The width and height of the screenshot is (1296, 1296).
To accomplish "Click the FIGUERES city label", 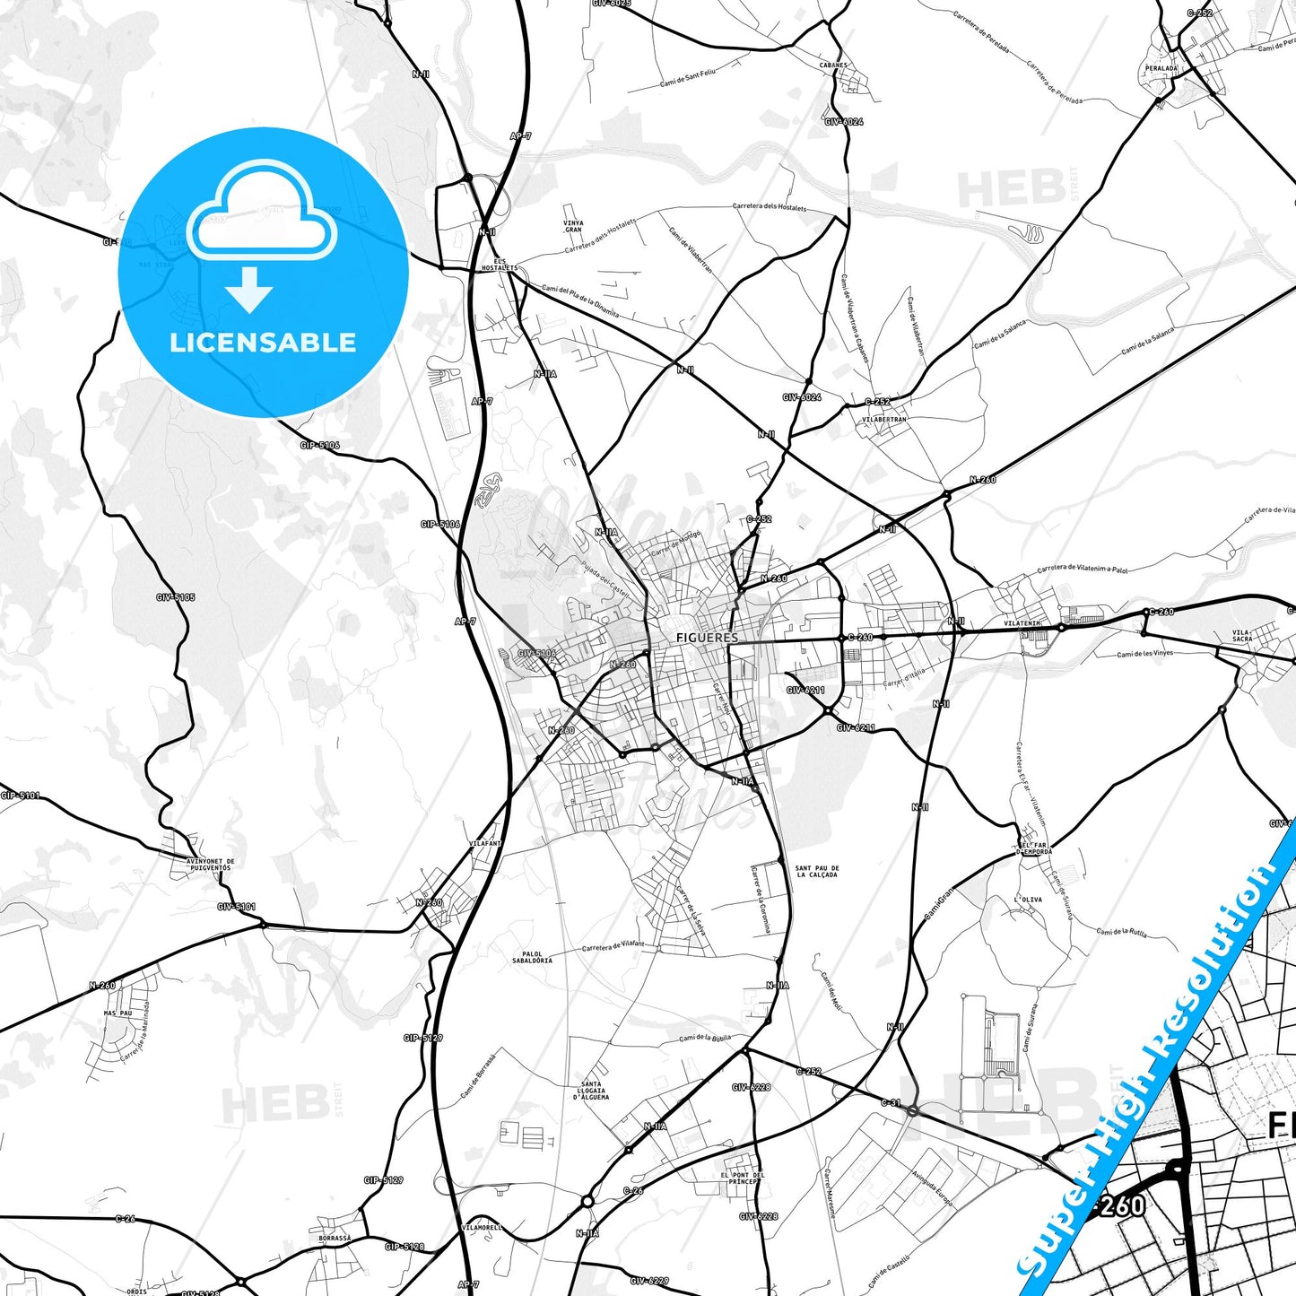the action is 707,638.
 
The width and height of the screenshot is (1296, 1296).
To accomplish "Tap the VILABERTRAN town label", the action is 884,419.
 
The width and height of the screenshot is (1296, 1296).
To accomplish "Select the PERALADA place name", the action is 1161,68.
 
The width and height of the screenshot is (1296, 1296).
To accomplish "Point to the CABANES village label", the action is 833,65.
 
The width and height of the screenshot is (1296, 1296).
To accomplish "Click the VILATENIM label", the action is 1022,623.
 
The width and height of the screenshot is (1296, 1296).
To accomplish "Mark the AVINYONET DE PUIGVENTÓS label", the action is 209,865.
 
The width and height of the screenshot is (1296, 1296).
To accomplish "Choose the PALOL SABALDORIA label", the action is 532,958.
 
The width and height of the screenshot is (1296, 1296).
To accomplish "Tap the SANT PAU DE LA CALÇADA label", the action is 817,872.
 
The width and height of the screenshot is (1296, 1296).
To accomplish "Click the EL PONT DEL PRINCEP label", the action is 743,1178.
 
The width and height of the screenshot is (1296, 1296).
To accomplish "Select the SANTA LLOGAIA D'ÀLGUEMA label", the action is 595,1091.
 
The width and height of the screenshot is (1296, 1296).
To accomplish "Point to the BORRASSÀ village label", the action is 335,1238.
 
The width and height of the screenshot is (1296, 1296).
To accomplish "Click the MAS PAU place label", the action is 117,1013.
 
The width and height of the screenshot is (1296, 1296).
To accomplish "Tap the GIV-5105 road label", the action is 176,597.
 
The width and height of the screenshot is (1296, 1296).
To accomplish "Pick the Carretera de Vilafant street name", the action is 613,946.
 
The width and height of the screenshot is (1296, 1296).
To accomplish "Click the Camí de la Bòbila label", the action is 705,1038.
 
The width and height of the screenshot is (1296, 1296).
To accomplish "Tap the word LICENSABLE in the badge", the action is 263,343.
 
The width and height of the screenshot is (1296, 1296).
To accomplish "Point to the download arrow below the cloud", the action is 249,289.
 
